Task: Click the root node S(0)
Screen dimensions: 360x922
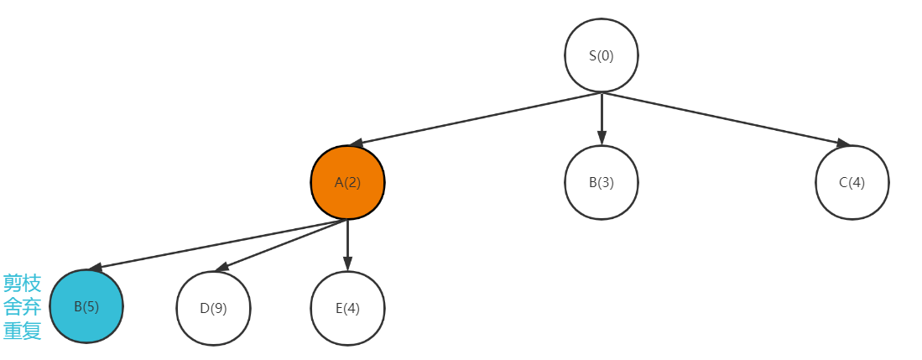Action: (x=601, y=55)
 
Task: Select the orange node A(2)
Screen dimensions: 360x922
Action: (x=347, y=182)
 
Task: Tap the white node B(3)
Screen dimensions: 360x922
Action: (x=601, y=182)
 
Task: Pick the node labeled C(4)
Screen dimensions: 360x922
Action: (x=852, y=182)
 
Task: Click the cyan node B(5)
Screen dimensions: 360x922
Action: (x=86, y=307)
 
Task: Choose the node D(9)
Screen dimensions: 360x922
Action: (x=213, y=308)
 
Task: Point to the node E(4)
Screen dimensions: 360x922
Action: (x=347, y=308)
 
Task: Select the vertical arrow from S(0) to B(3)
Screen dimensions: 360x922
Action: (x=601, y=117)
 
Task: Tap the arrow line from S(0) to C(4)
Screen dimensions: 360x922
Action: (x=721, y=118)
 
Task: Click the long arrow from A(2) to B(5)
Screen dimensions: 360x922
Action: (x=218, y=244)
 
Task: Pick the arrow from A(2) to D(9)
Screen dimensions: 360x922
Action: (x=281, y=245)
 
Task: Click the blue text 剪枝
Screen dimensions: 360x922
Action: (x=22, y=283)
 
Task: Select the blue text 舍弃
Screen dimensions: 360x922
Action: (x=22, y=307)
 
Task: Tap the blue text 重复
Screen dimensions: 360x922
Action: (x=22, y=331)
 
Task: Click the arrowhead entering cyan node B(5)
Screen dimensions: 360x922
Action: (x=96, y=268)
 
